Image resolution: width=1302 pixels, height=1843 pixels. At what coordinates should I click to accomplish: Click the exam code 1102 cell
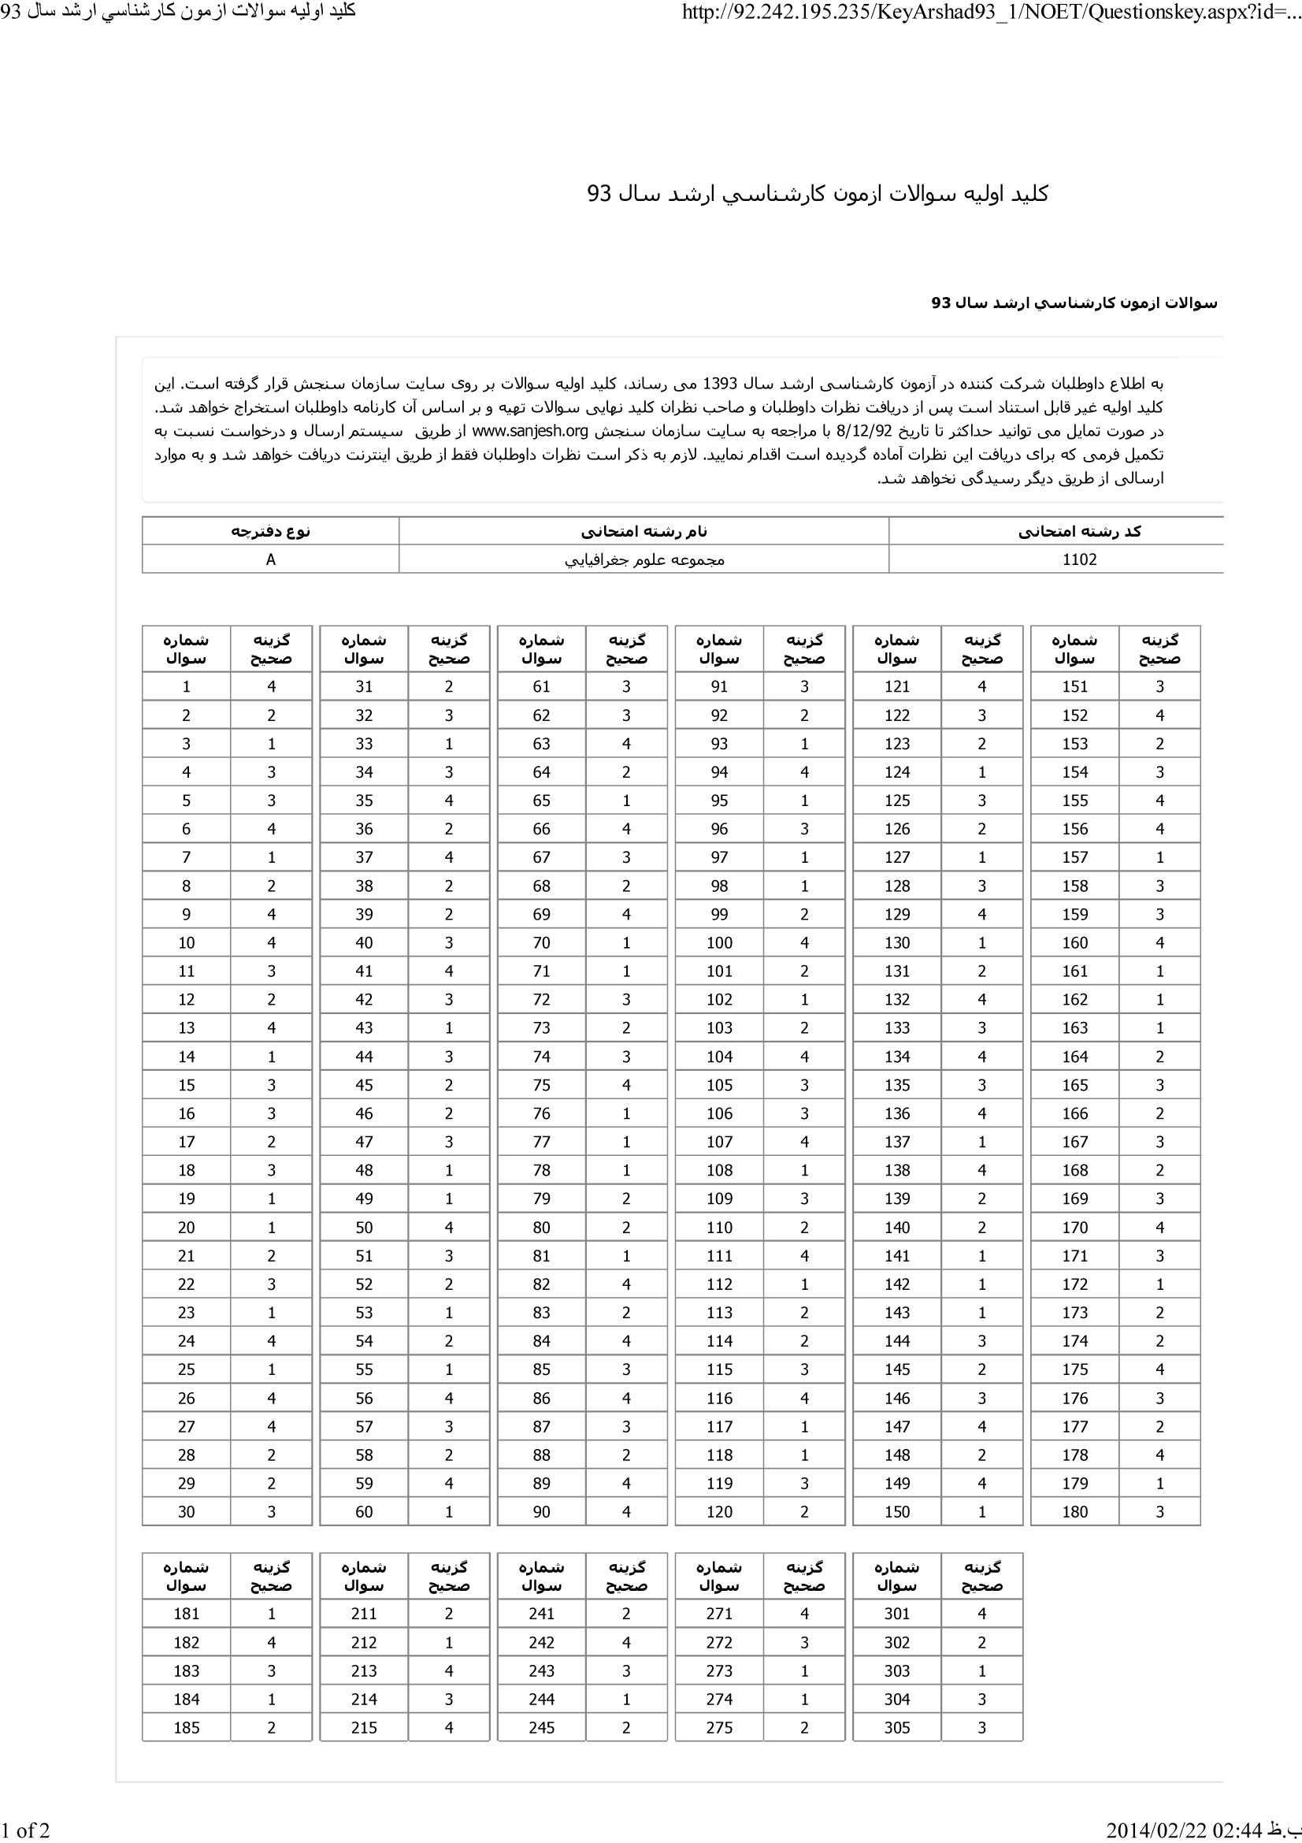click(x=1079, y=559)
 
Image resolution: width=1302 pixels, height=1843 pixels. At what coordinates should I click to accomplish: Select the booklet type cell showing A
click(x=270, y=559)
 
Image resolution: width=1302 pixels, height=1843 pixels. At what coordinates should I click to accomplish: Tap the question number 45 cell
click(x=363, y=1085)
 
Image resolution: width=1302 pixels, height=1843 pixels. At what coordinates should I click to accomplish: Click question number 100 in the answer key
click(x=719, y=942)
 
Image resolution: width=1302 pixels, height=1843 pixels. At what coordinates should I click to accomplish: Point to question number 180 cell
click(x=1074, y=1511)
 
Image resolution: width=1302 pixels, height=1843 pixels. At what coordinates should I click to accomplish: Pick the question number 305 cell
click(x=896, y=1727)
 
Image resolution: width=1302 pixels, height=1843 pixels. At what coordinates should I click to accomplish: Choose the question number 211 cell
click(x=363, y=1614)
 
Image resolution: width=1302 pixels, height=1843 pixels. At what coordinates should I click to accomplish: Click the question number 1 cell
click(x=186, y=686)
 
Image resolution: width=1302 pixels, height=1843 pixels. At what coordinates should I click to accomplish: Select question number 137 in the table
click(x=896, y=1142)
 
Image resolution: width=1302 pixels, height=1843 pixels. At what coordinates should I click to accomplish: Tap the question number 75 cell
click(x=541, y=1085)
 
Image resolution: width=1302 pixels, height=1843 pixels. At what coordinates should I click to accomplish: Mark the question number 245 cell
click(x=541, y=1727)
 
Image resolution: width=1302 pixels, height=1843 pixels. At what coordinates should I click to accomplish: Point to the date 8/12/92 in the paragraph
click(x=870, y=431)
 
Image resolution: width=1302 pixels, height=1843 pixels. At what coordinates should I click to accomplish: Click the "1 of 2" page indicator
click(x=26, y=1830)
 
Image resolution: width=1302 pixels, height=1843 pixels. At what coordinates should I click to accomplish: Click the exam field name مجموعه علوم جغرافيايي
click(x=644, y=559)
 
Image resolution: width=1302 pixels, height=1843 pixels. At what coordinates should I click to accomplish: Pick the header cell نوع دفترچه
click(x=270, y=531)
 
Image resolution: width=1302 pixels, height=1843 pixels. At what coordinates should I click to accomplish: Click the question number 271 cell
click(x=719, y=1614)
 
